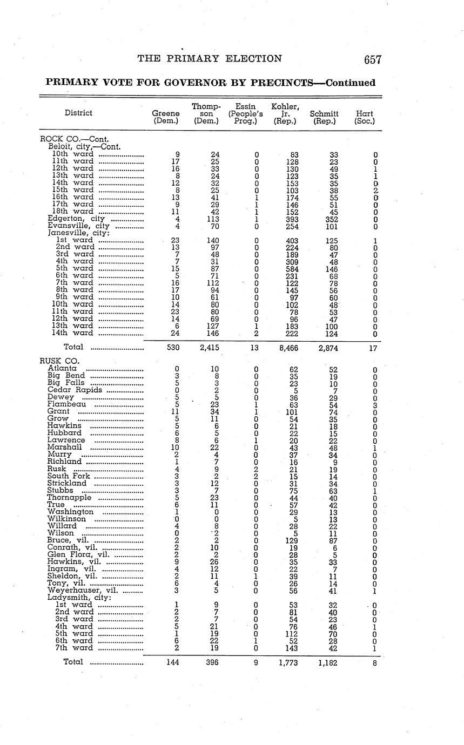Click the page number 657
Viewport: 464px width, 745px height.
[373, 60]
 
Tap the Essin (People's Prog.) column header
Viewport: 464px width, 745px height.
[246, 114]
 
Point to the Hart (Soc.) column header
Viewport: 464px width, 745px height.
[365, 118]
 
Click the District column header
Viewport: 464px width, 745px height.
[78, 113]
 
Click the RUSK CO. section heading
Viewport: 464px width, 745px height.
[59, 361]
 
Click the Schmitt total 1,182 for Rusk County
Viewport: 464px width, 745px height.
[327, 662]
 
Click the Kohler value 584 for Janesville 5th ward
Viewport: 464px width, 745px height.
[292, 268]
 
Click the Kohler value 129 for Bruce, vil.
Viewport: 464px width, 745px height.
[292, 540]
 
